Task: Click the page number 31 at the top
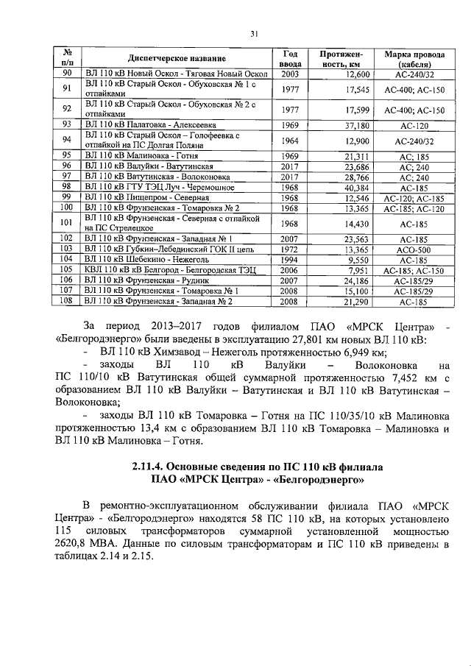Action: pyautogui.click(x=252, y=33)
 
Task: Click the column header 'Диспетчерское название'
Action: pyautogui.click(x=176, y=58)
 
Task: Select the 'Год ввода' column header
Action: pyautogui.click(x=290, y=58)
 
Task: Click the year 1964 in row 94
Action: pyautogui.click(x=290, y=140)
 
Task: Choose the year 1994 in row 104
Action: pyautogui.click(x=290, y=260)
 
